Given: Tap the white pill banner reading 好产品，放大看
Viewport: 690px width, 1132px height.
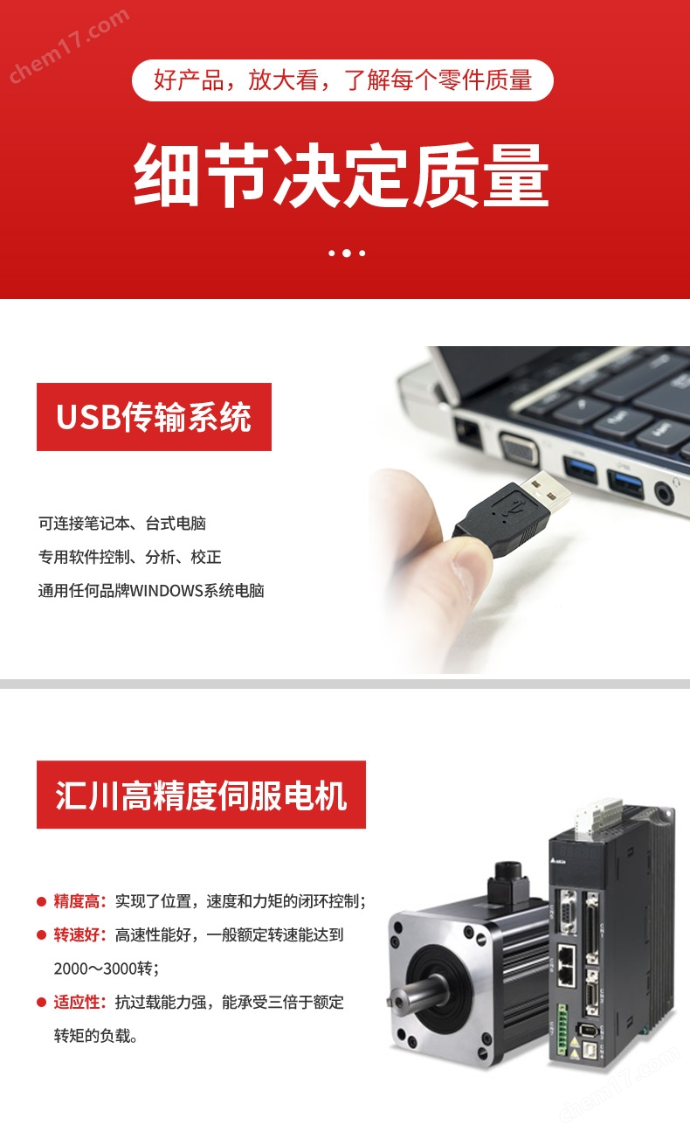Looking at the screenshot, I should click(x=342, y=81).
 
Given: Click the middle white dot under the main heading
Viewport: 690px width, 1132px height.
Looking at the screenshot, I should click(x=347, y=253).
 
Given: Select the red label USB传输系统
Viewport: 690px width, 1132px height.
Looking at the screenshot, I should click(x=154, y=417).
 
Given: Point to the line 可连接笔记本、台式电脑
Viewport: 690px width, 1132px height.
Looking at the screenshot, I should click(x=121, y=524).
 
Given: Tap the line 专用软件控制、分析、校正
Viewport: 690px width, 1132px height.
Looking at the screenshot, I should click(x=129, y=557).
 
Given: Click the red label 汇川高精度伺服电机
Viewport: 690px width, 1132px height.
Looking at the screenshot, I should click(x=201, y=795).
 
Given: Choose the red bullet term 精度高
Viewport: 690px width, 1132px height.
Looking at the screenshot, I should click(x=79, y=901).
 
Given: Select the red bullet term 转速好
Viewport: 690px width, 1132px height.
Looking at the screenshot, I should click(x=79, y=934).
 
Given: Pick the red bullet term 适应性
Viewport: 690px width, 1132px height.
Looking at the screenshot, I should click(x=79, y=1002).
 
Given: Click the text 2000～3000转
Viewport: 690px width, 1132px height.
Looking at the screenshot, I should click(x=106, y=968).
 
